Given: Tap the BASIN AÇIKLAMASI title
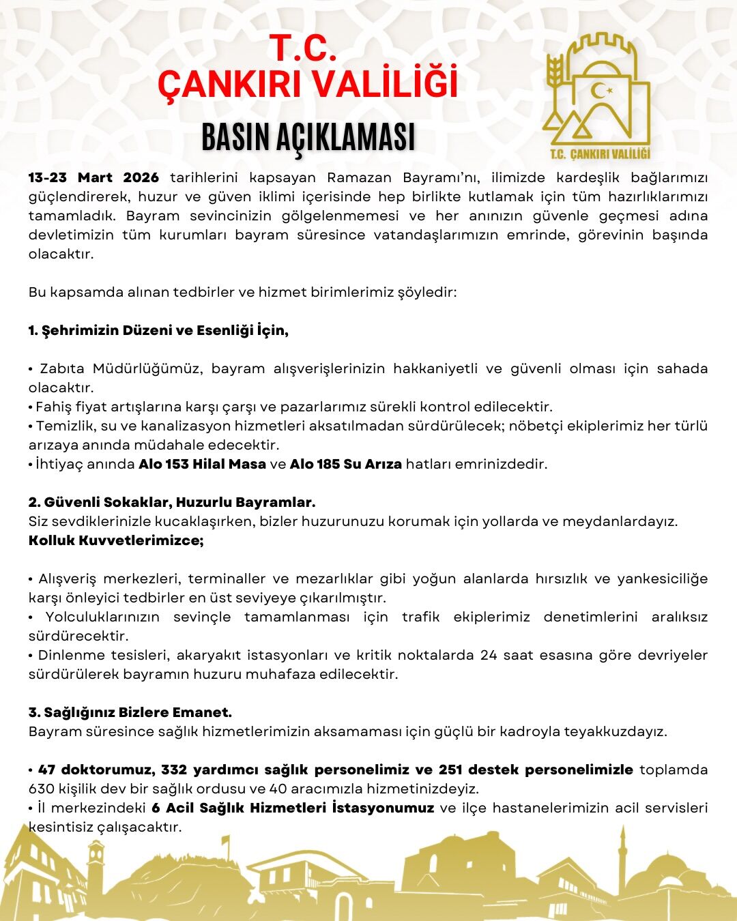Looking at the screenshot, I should tap(308, 137).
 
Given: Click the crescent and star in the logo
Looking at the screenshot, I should tap(601, 90).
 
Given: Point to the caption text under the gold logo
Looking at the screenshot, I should tap(600, 153).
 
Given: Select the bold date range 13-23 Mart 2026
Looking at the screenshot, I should tap(93, 178).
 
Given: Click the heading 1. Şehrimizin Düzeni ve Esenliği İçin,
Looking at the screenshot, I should tap(158, 331).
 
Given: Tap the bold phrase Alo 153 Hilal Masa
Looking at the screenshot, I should tap(202, 465).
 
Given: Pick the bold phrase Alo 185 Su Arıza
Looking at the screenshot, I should tap(345, 465).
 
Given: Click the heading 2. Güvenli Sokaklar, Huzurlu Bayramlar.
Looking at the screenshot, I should tap(172, 503).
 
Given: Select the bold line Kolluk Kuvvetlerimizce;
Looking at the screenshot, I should tap(116, 541).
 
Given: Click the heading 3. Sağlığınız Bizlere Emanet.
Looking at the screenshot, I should tap(130, 713).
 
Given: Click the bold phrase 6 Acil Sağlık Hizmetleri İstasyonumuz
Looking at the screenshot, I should tap(293, 808).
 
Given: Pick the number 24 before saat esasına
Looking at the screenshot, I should tap(489, 656).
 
